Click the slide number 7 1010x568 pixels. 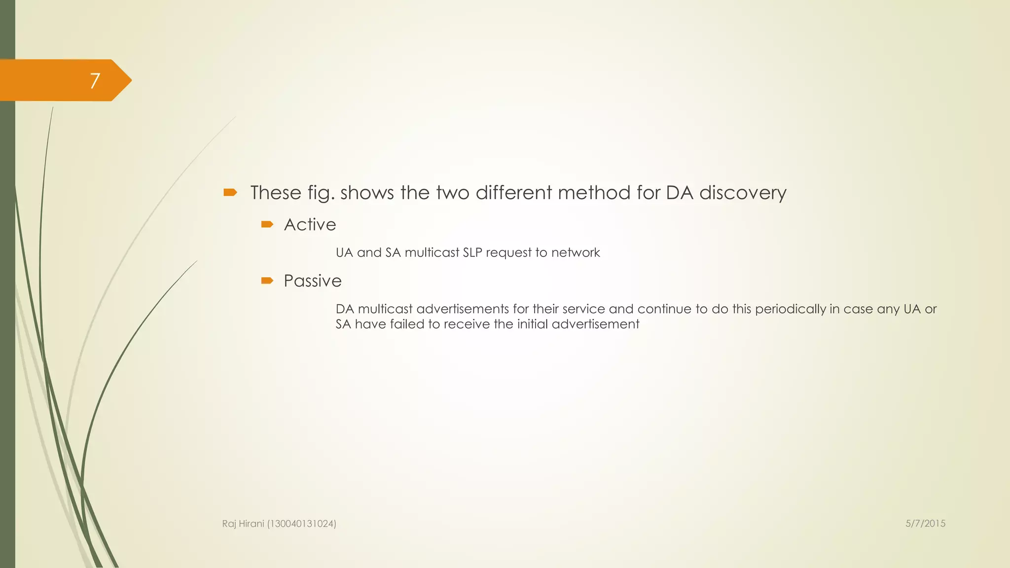tap(95, 80)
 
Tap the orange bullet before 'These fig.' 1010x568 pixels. tap(230, 192)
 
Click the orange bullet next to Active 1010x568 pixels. tap(267, 224)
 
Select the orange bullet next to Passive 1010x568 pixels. tap(267, 281)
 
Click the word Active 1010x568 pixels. tap(310, 225)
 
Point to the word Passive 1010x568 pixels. tap(313, 281)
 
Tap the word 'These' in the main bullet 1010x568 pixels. tap(275, 193)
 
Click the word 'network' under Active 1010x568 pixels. tap(576, 252)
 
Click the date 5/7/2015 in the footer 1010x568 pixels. tap(925, 524)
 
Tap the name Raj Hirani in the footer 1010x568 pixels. tap(243, 524)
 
